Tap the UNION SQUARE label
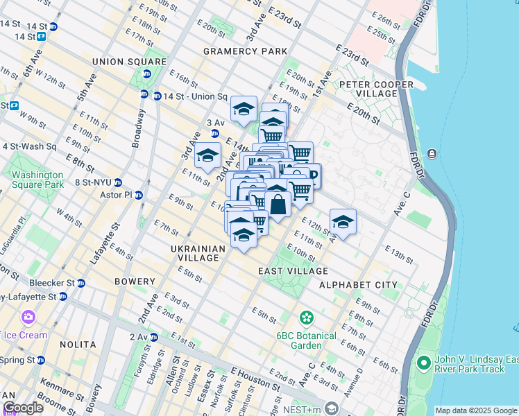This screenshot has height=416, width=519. pyautogui.click(x=130, y=62)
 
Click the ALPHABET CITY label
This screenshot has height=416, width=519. pyautogui.click(x=358, y=285)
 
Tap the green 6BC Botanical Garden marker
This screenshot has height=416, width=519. pyautogui.click(x=305, y=318)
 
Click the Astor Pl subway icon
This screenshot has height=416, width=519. pyautogui.click(x=139, y=196)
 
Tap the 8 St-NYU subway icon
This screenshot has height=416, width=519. pyautogui.click(x=118, y=183)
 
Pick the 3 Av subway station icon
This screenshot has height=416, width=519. pyautogui.click(x=215, y=133)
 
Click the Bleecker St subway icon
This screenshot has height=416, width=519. pyautogui.click(x=81, y=283)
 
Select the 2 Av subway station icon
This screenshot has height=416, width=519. pyautogui.click(x=154, y=337)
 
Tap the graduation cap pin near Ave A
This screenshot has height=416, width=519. pyautogui.click(x=343, y=222)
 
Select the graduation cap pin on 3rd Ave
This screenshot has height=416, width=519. pyautogui.click(x=207, y=156)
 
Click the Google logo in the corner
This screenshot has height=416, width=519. pyautogui.click(x=23, y=408)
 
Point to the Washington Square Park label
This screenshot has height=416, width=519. pyautogui.click(x=38, y=180)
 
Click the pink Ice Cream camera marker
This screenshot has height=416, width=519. pyautogui.click(x=28, y=318)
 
